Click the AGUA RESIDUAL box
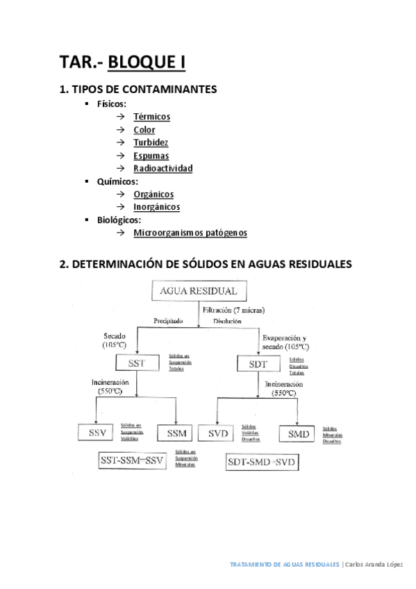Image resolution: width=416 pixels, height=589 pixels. [x=198, y=291]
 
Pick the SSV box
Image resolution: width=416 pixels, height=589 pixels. [x=96, y=434]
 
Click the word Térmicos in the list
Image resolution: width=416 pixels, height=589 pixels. [x=151, y=117]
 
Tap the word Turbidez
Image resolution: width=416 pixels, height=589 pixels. [x=151, y=142]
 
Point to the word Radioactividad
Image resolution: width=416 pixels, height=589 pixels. [x=163, y=168]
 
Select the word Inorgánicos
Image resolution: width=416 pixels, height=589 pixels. [x=156, y=207]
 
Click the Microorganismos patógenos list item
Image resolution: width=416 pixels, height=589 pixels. [x=190, y=233]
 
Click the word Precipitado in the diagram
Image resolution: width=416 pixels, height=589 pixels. [x=167, y=322]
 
